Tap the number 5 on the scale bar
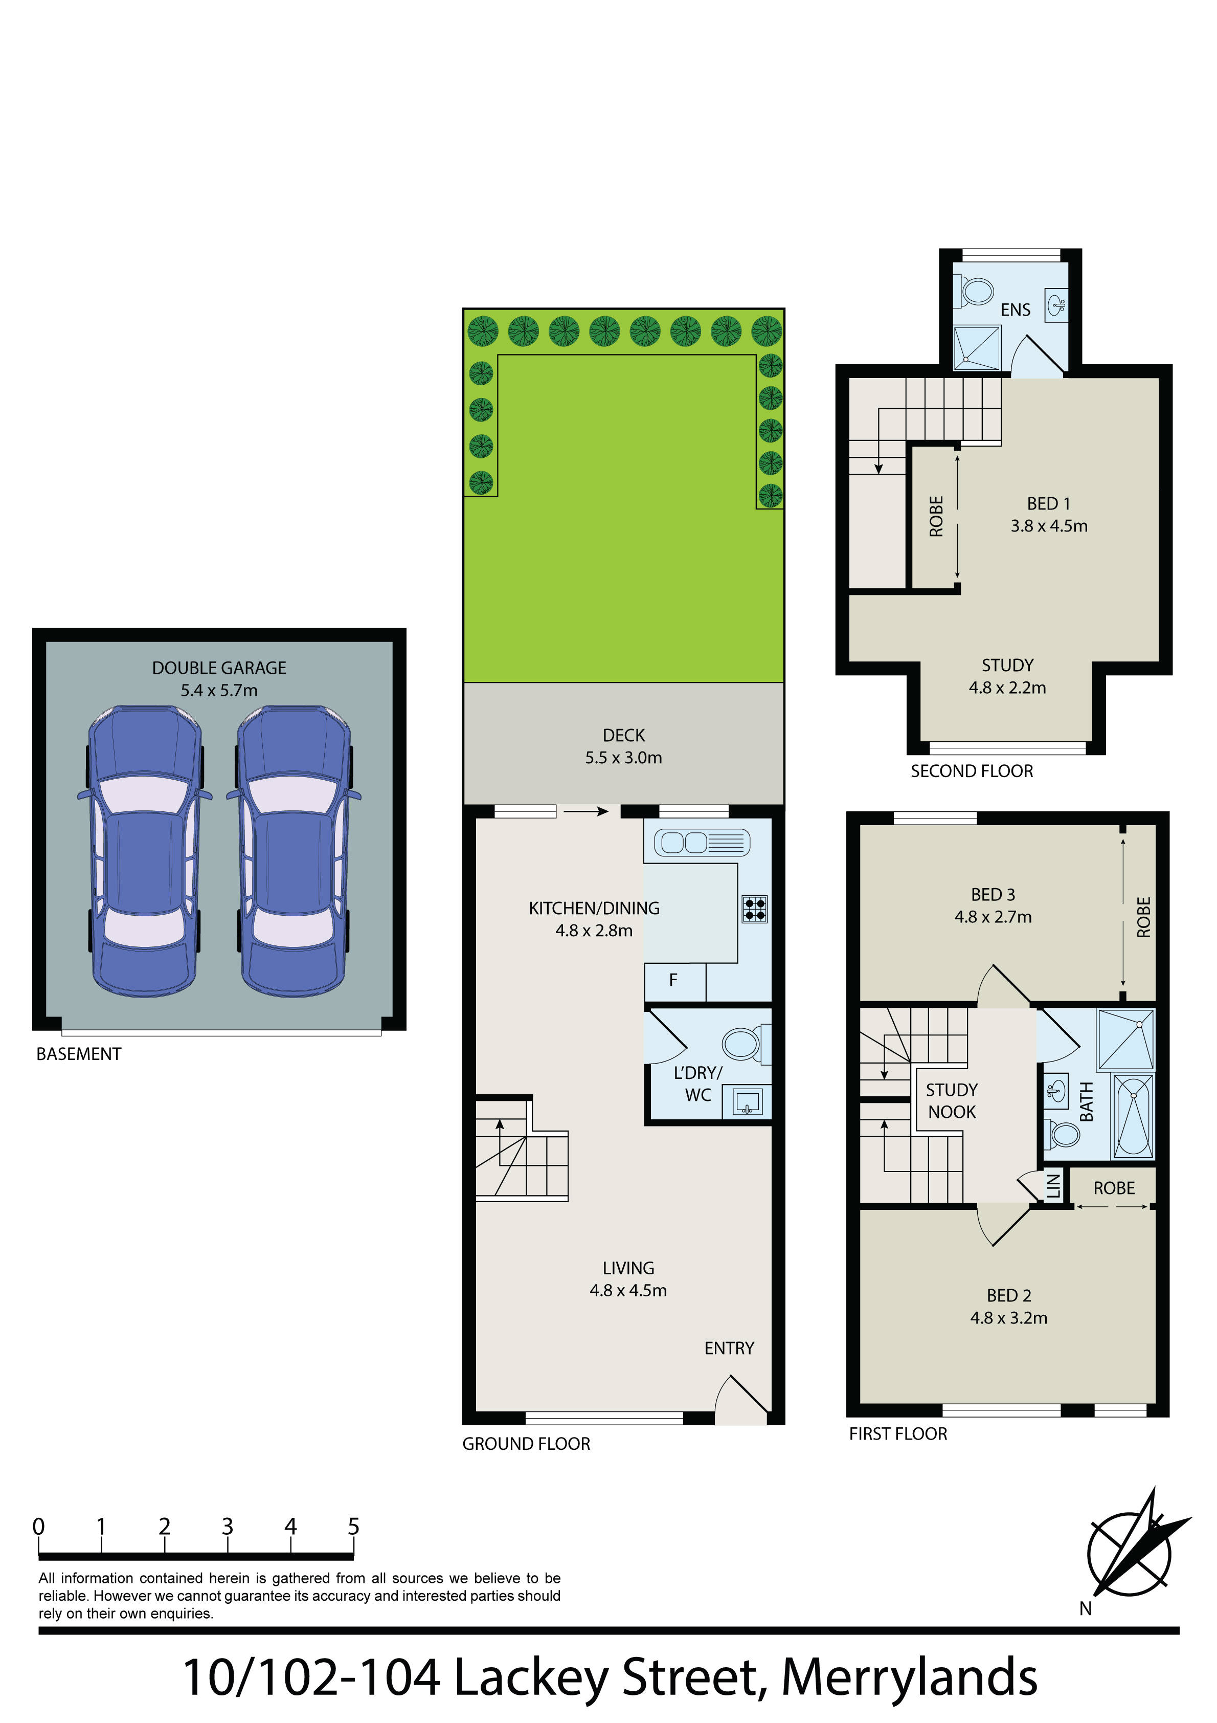(353, 1527)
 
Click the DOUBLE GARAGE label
(219, 668)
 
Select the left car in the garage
(143, 851)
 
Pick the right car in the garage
(294, 851)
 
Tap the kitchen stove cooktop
(755, 910)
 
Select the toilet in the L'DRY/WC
(745, 1044)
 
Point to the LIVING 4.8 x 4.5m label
(628, 1279)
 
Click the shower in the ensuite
(977, 347)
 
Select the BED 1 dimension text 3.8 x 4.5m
(1049, 526)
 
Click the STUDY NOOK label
(952, 1101)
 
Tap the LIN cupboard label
(1053, 1186)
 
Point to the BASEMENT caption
(79, 1054)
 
